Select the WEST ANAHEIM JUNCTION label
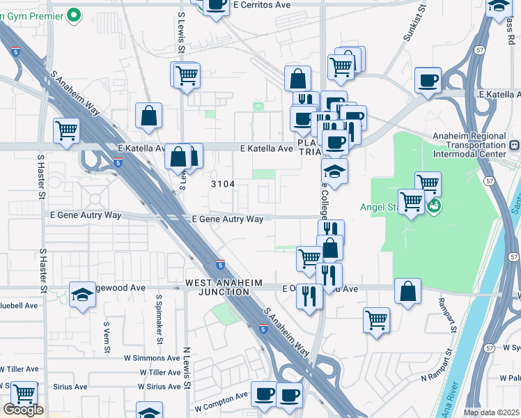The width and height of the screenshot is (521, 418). (217, 287)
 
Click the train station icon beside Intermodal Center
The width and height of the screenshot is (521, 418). (514, 146)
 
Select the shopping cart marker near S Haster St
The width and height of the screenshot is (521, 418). (66, 130)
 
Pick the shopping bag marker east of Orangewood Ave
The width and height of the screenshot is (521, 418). (407, 290)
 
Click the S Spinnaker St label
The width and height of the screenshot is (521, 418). (160, 324)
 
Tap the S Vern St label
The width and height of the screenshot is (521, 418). (107, 334)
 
